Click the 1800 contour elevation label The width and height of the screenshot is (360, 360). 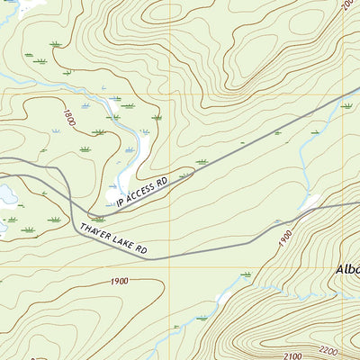68,118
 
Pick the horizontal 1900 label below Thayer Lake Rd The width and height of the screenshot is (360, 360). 119,282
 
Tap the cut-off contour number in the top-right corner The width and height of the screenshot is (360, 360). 348,5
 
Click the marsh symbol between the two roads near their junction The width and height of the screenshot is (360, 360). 97,219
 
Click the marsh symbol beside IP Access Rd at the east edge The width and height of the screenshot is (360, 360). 346,106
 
